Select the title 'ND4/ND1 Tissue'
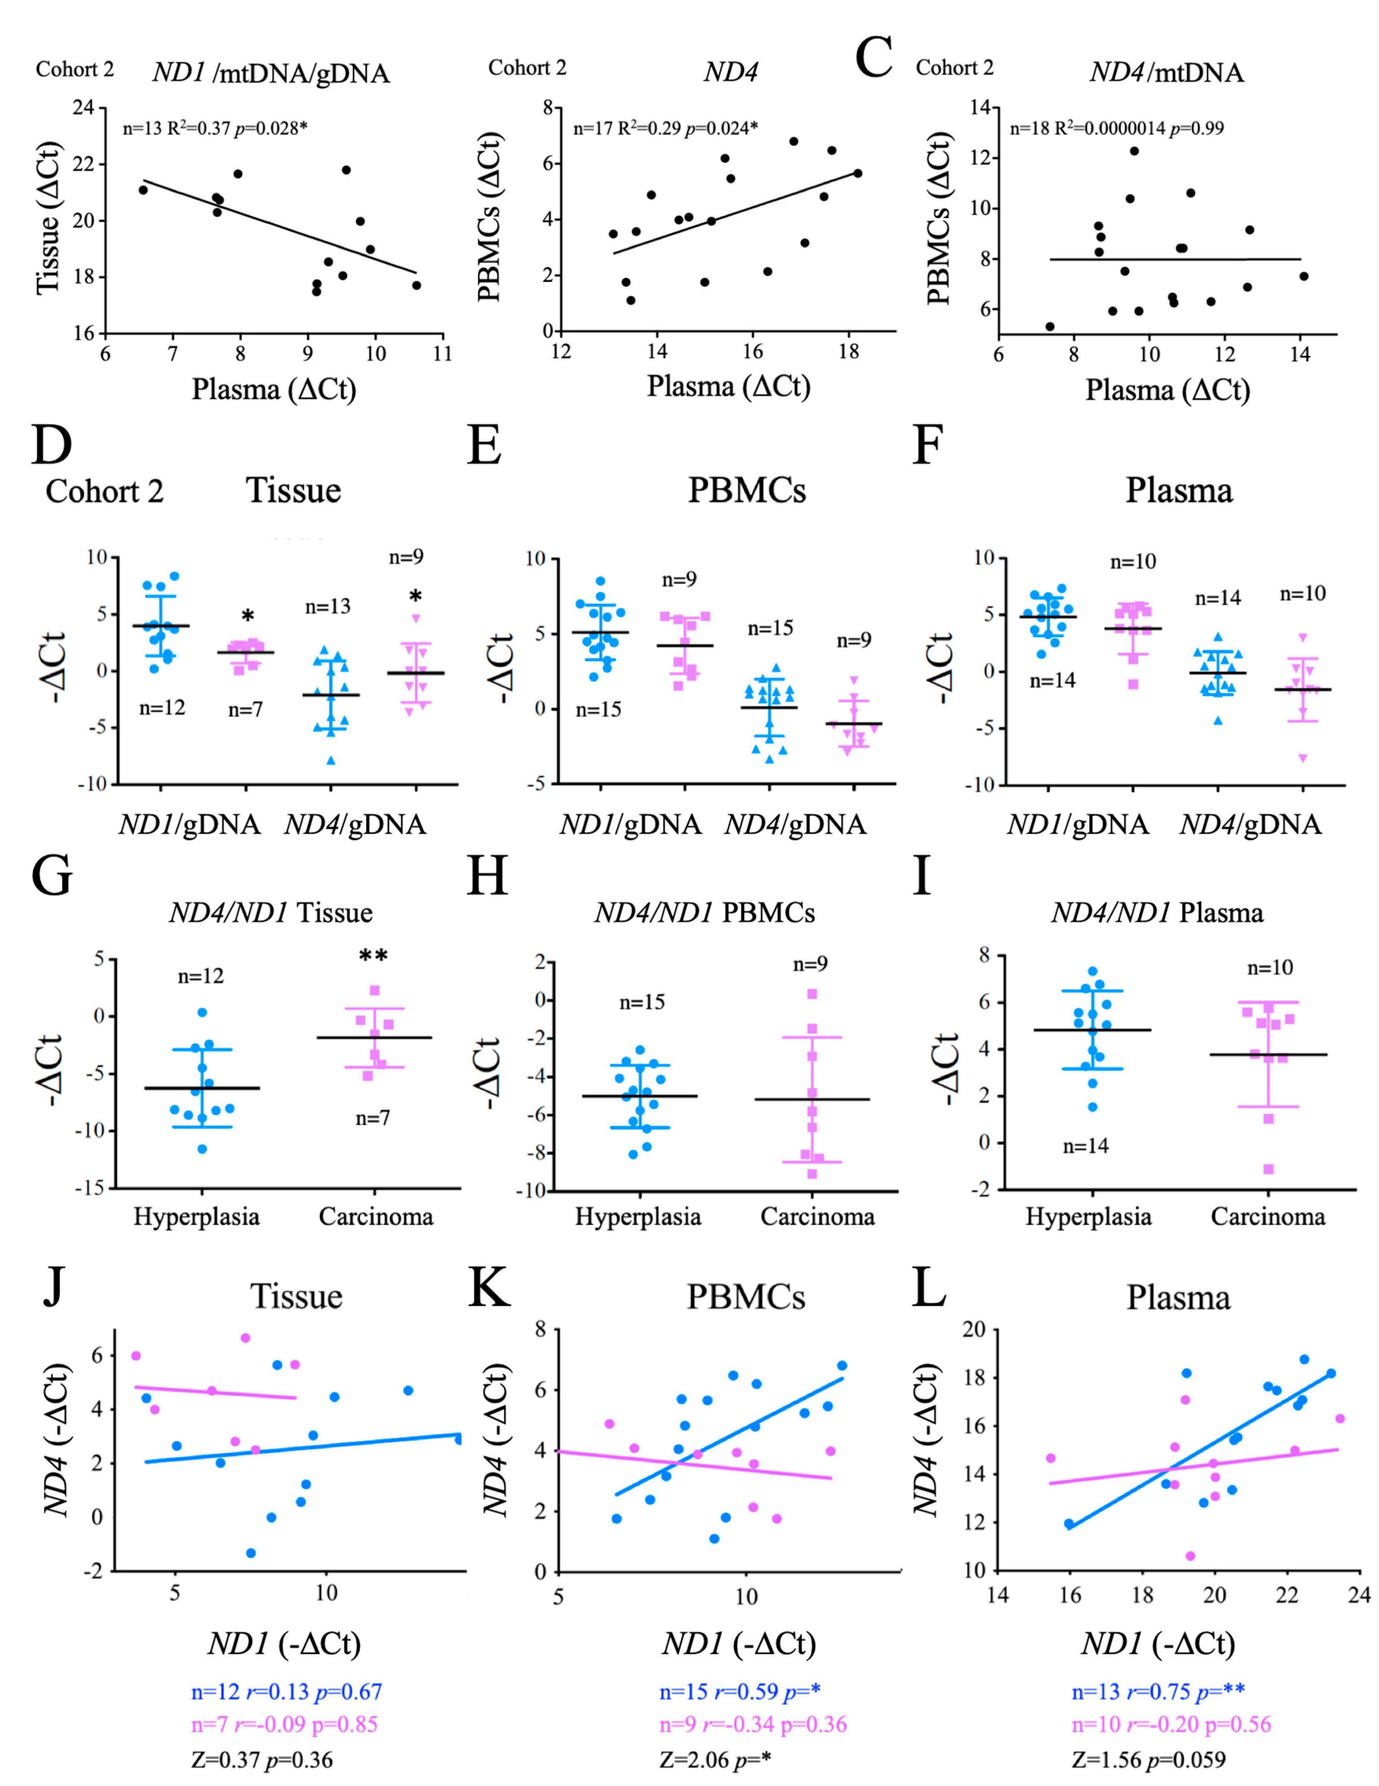[270, 913]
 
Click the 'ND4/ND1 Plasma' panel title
[1157, 913]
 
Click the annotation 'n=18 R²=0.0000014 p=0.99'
[1116, 129]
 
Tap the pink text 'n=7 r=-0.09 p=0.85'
[285, 1725]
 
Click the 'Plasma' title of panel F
[1179, 491]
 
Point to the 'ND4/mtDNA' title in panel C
[1166, 73]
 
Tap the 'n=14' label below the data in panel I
[1085, 1147]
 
